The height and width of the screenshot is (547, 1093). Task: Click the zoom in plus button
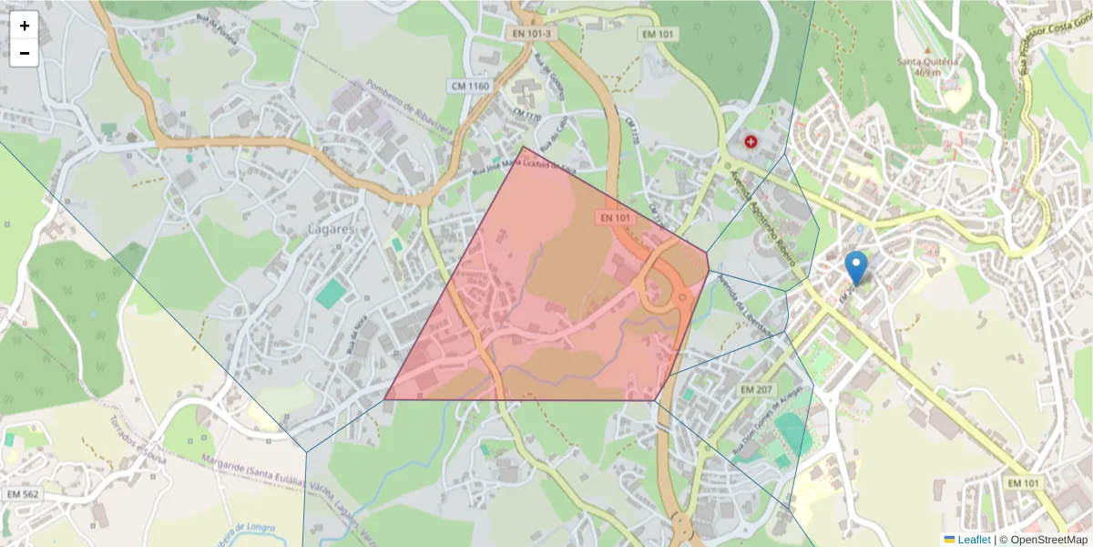coord(25,26)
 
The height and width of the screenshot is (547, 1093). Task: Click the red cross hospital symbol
coord(751,141)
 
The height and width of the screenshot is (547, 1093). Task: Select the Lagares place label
coord(331,229)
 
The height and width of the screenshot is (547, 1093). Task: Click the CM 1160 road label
coord(470,86)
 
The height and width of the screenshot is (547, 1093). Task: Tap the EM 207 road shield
coord(756,389)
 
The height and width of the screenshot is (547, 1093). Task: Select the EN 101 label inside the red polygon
coord(616,218)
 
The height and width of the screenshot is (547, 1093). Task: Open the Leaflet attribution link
coord(974,540)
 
